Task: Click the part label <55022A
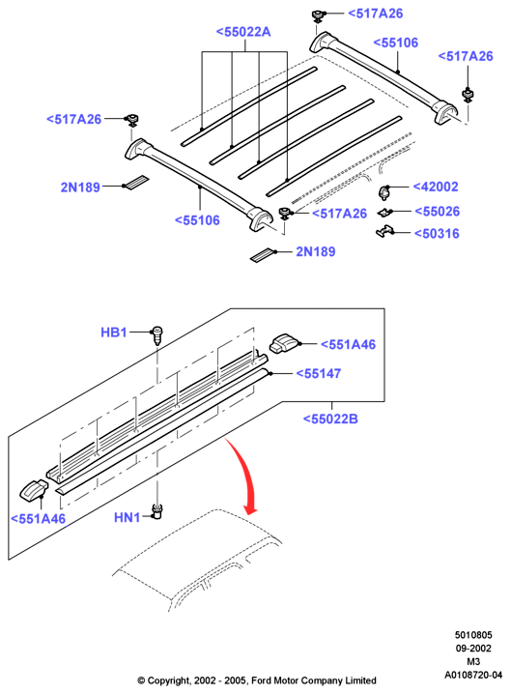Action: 243,32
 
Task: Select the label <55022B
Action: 330,419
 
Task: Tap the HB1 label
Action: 114,332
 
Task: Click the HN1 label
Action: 127,517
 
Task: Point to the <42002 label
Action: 436,187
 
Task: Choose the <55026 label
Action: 438,211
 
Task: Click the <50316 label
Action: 437,233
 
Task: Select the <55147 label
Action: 319,373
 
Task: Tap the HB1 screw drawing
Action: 157,335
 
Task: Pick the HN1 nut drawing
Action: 156,510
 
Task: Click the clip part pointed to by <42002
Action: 384,192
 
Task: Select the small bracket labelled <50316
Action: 384,231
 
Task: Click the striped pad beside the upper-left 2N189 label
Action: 135,184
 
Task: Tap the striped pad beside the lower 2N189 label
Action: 263,254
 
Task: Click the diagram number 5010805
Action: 473,635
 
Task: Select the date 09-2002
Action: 473,649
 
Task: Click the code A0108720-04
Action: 473,675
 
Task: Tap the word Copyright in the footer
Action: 169,680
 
